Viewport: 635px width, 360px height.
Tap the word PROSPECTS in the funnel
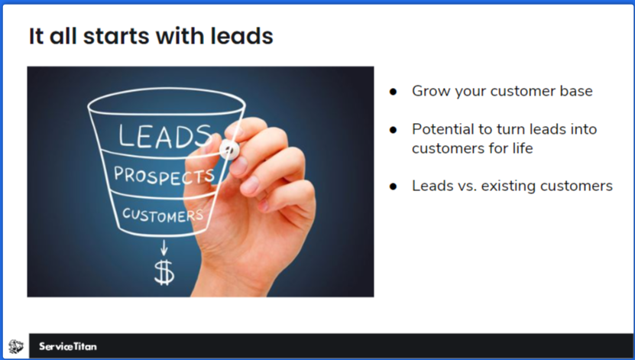pos(163,175)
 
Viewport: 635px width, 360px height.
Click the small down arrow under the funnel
pos(163,247)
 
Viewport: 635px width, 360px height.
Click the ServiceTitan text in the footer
pos(68,347)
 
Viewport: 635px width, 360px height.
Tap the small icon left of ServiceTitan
pos(15,347)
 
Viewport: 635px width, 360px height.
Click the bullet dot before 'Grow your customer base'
pos(394,91)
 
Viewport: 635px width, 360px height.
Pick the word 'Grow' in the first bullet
pos(429,91)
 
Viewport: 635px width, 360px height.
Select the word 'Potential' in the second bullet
pos(440,129)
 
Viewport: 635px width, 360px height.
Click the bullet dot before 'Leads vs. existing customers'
pos(394,186)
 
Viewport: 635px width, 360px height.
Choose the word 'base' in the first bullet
pos(576,91)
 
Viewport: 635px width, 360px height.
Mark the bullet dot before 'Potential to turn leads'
pos(394,129)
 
